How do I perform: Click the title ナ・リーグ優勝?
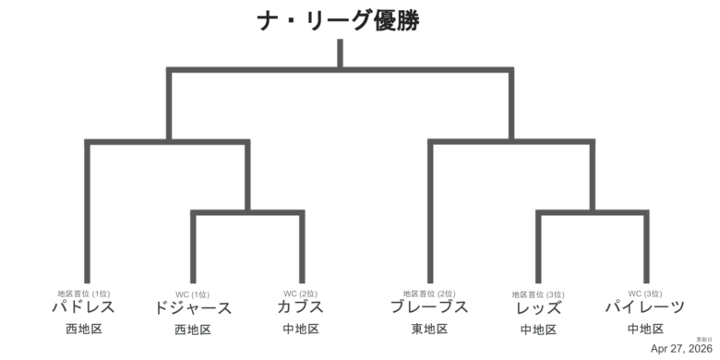(340, 20)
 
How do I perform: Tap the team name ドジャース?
(193, 308)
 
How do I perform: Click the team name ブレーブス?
(429, 307)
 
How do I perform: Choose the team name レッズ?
(538, 307)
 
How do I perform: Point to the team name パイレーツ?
(645, 307)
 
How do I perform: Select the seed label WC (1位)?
(193, 294)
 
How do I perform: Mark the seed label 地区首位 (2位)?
(429, 294)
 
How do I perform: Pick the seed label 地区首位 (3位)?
(538, 294)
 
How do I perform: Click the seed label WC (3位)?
(645, 294)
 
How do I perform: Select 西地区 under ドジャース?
(193, 330)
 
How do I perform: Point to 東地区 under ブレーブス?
(429, 329)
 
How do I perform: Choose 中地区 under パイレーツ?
(645, 329)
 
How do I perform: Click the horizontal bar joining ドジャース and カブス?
(247, 213)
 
